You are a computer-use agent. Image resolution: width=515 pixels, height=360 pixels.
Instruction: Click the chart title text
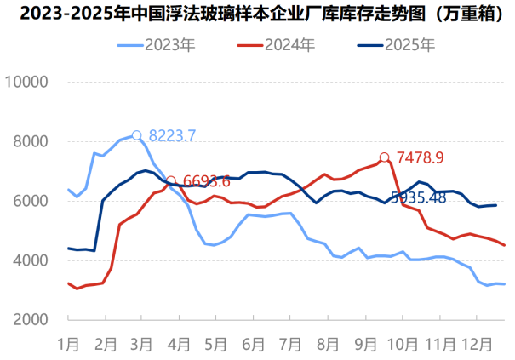tap(256, 13)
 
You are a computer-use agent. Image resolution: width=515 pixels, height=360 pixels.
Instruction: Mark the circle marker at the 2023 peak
tap(136, 135)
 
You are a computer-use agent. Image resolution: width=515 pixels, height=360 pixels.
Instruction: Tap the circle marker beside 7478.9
tap(385, 157)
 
